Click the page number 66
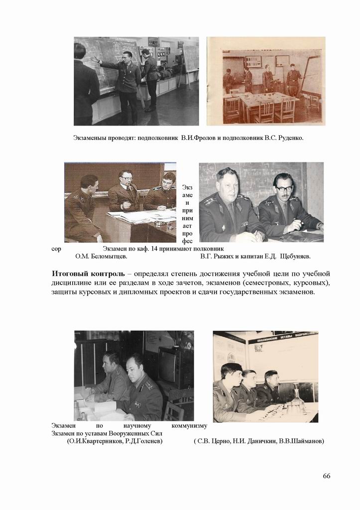[326, 476]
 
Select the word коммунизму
[189, 426]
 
